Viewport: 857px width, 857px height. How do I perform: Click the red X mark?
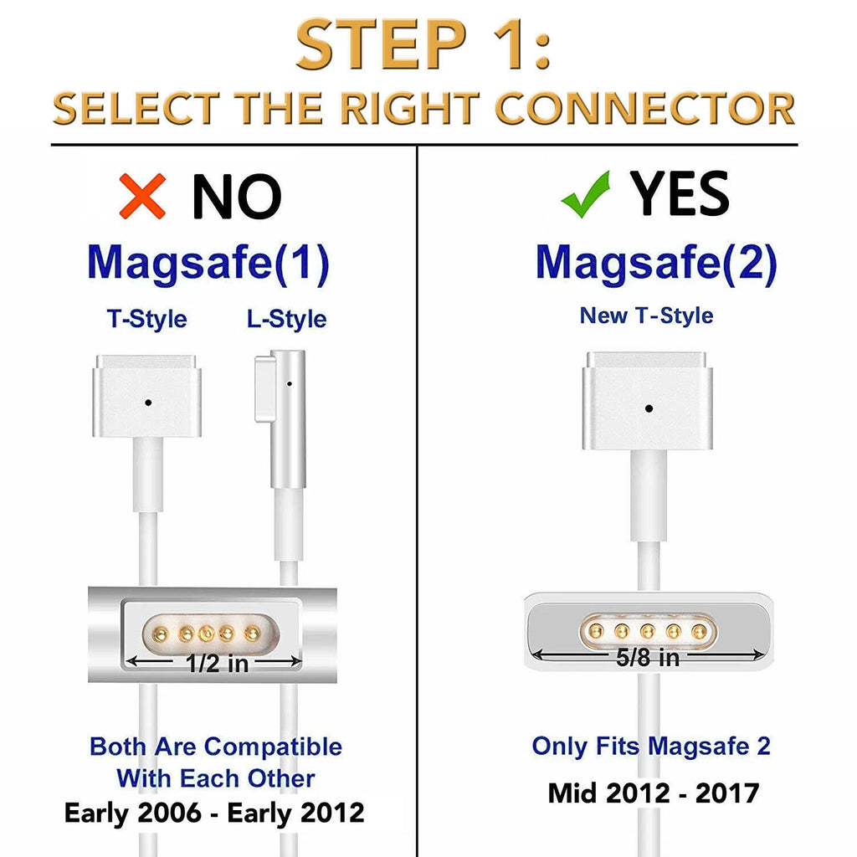click(142, 196)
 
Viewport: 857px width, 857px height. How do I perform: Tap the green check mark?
click(585, 196)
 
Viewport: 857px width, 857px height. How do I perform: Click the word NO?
click(237, 197)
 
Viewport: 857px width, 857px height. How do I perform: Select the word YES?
click(680, 193)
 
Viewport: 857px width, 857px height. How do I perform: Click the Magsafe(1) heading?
click(208, 263)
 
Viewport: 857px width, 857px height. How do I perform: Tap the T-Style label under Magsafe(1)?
click(147, 319)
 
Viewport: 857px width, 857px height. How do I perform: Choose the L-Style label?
click(286, 319)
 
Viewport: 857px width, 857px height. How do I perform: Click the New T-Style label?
click(647, 316)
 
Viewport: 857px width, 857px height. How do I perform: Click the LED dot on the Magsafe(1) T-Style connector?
click(148, 403)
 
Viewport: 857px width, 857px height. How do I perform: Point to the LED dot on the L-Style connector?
click(289, 384)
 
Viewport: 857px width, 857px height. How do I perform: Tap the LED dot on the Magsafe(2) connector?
click(649, 408)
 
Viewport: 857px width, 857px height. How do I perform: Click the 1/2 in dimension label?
click(217, 664)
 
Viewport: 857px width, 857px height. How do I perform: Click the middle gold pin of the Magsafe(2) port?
click(648, 632)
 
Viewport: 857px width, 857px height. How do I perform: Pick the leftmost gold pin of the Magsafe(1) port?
click(161, 634)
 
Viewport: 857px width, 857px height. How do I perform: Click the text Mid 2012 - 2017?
click(654, 793)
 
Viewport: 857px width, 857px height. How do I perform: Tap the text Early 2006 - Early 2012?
click(214, 813)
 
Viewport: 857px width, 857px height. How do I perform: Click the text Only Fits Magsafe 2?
click(651, 746)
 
